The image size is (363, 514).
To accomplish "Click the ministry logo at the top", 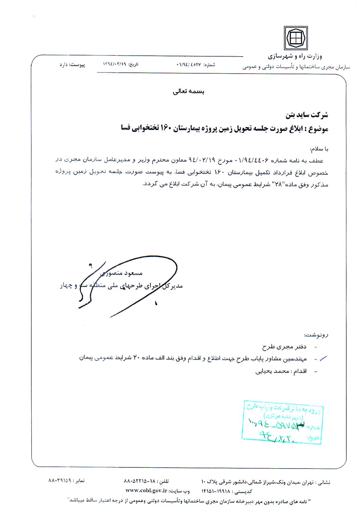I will click(x=296, y=38).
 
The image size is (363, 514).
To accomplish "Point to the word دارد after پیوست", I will click(x=64, y=65).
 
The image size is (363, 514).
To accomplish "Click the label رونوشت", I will click(x=317, y=335).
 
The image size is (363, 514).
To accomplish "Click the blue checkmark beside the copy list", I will click(x=323, y=358).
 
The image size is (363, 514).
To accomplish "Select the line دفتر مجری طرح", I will click(x=284, y=347).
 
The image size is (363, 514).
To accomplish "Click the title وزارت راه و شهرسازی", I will click(x=295, y=56).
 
